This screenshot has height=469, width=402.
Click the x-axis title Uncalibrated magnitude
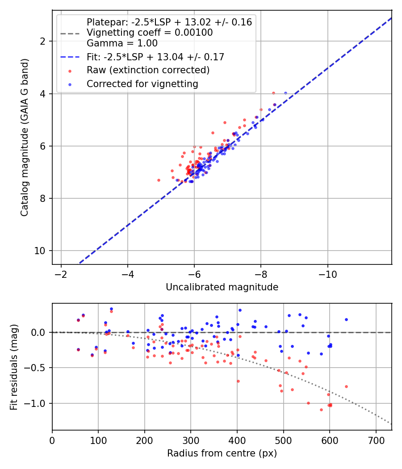(x=222, y=287)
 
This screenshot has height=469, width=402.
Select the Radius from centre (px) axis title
(x=222, y=453)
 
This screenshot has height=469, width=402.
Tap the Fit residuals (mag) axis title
(x=14, y=367)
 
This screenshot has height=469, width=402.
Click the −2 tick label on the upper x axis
(x=61, y=272)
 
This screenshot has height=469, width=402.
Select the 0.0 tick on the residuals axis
(x=40, y=332)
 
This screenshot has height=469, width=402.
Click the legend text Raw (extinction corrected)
(x=148, y=70)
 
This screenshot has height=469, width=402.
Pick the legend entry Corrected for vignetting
(x=142, y=84)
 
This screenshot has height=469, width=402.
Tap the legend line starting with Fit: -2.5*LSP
(x=155, y=57)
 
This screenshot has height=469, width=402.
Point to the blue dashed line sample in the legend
(x=70, y=57)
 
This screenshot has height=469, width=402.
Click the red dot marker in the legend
(x=70, y=71)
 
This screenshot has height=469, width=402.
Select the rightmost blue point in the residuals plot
(x=346, y=319)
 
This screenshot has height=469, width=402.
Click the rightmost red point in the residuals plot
(x=346, y=386)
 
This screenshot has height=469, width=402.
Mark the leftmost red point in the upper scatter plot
(x=159, y=180)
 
